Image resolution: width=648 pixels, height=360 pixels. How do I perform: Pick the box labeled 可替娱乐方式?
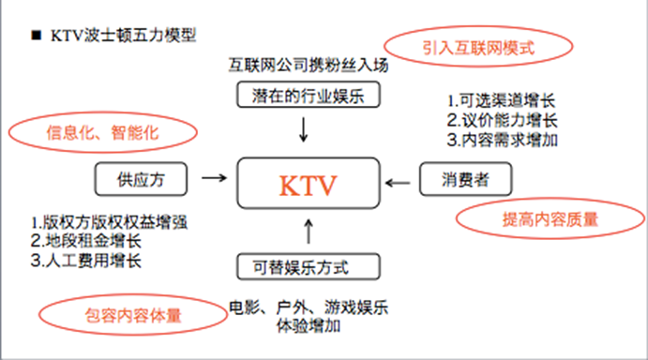point(308,267)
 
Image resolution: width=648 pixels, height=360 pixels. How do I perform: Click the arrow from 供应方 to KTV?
point(214,176)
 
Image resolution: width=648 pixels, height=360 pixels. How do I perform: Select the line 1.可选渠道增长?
point(501,99)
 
